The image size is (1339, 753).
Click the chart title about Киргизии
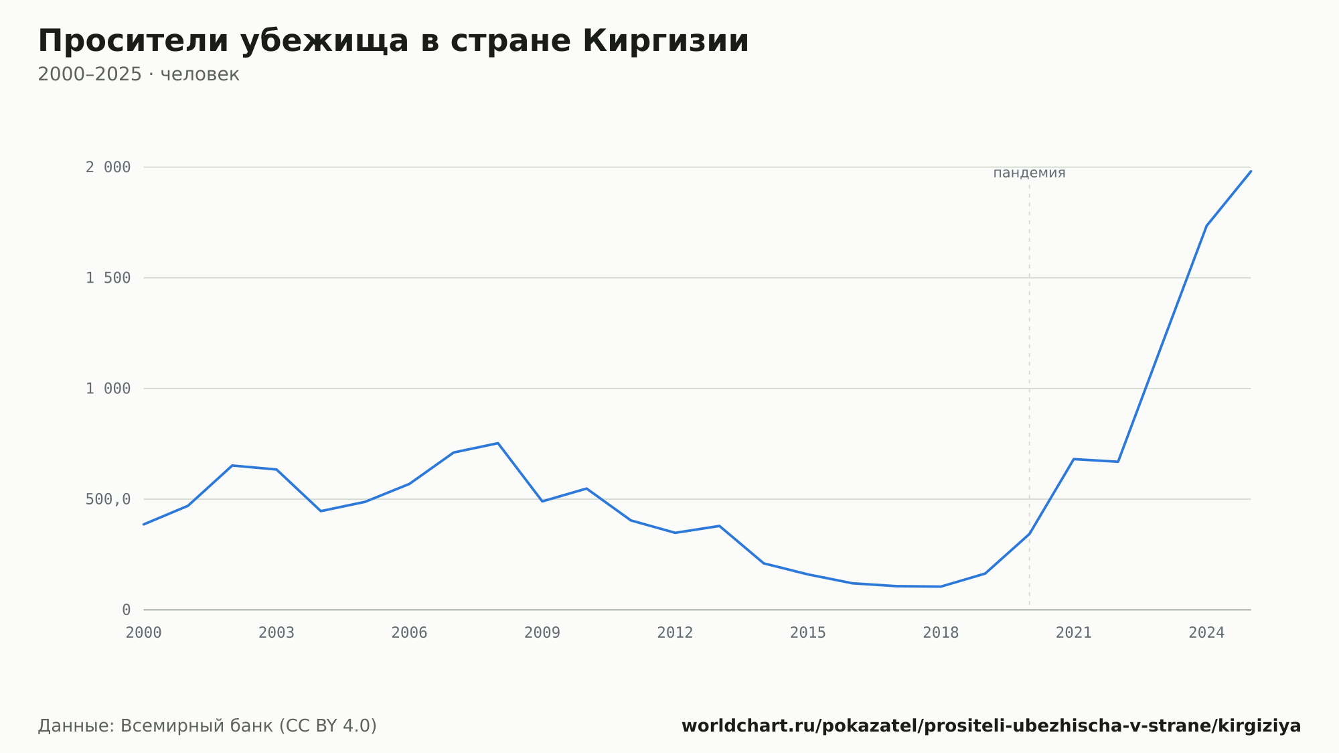click(x=393, y=42)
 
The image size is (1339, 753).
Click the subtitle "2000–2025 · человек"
click(x=139, y=74)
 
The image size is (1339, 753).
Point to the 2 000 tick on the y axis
click(x=108, y=167)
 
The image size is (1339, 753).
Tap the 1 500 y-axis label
click(x=108, y=278)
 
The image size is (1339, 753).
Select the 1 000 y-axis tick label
click(x=108, y=389)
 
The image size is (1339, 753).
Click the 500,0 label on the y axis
click(x=108, y=500)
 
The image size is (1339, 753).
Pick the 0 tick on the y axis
click(x=126, y=610)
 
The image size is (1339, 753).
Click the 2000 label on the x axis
click(x=144, y=633)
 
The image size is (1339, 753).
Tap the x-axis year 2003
click(x=277, y=633)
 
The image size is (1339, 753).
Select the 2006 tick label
click(x=410, y=633)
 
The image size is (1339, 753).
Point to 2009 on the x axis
click(x=542, y=633)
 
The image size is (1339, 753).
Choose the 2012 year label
click(x=675, y=633)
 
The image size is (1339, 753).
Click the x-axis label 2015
click(x=808, y=633)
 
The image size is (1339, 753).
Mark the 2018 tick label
click(x=941, y=633)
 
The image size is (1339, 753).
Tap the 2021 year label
click(x=1074, y=633)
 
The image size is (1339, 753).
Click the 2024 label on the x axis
click(x=1206, y=633)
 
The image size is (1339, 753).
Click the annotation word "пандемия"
click(x=1029, y=174)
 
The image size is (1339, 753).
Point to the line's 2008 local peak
click(x=497, y=443)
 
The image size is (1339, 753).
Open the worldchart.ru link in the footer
click(x=992, y=726)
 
